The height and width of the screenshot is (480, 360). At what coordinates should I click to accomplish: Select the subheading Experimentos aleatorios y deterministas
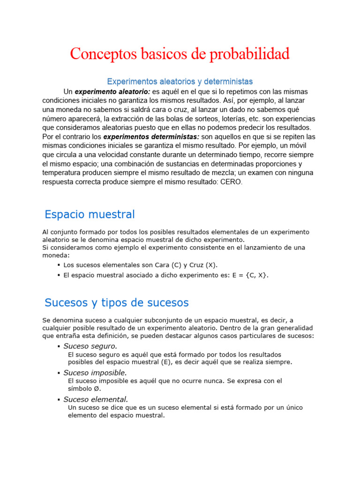[180, 81]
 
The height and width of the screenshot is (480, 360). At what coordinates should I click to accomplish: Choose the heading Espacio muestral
[90, 215]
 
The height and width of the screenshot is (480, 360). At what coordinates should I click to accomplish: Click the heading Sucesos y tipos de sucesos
[116, 302]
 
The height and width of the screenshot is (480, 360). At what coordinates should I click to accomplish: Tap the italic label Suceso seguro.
[90, 346]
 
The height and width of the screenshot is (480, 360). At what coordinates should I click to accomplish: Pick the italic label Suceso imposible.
[95, 373]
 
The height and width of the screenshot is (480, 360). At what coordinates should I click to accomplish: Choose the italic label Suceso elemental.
[96, 399]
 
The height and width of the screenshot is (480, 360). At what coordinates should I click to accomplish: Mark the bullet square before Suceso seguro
[59, 347]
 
